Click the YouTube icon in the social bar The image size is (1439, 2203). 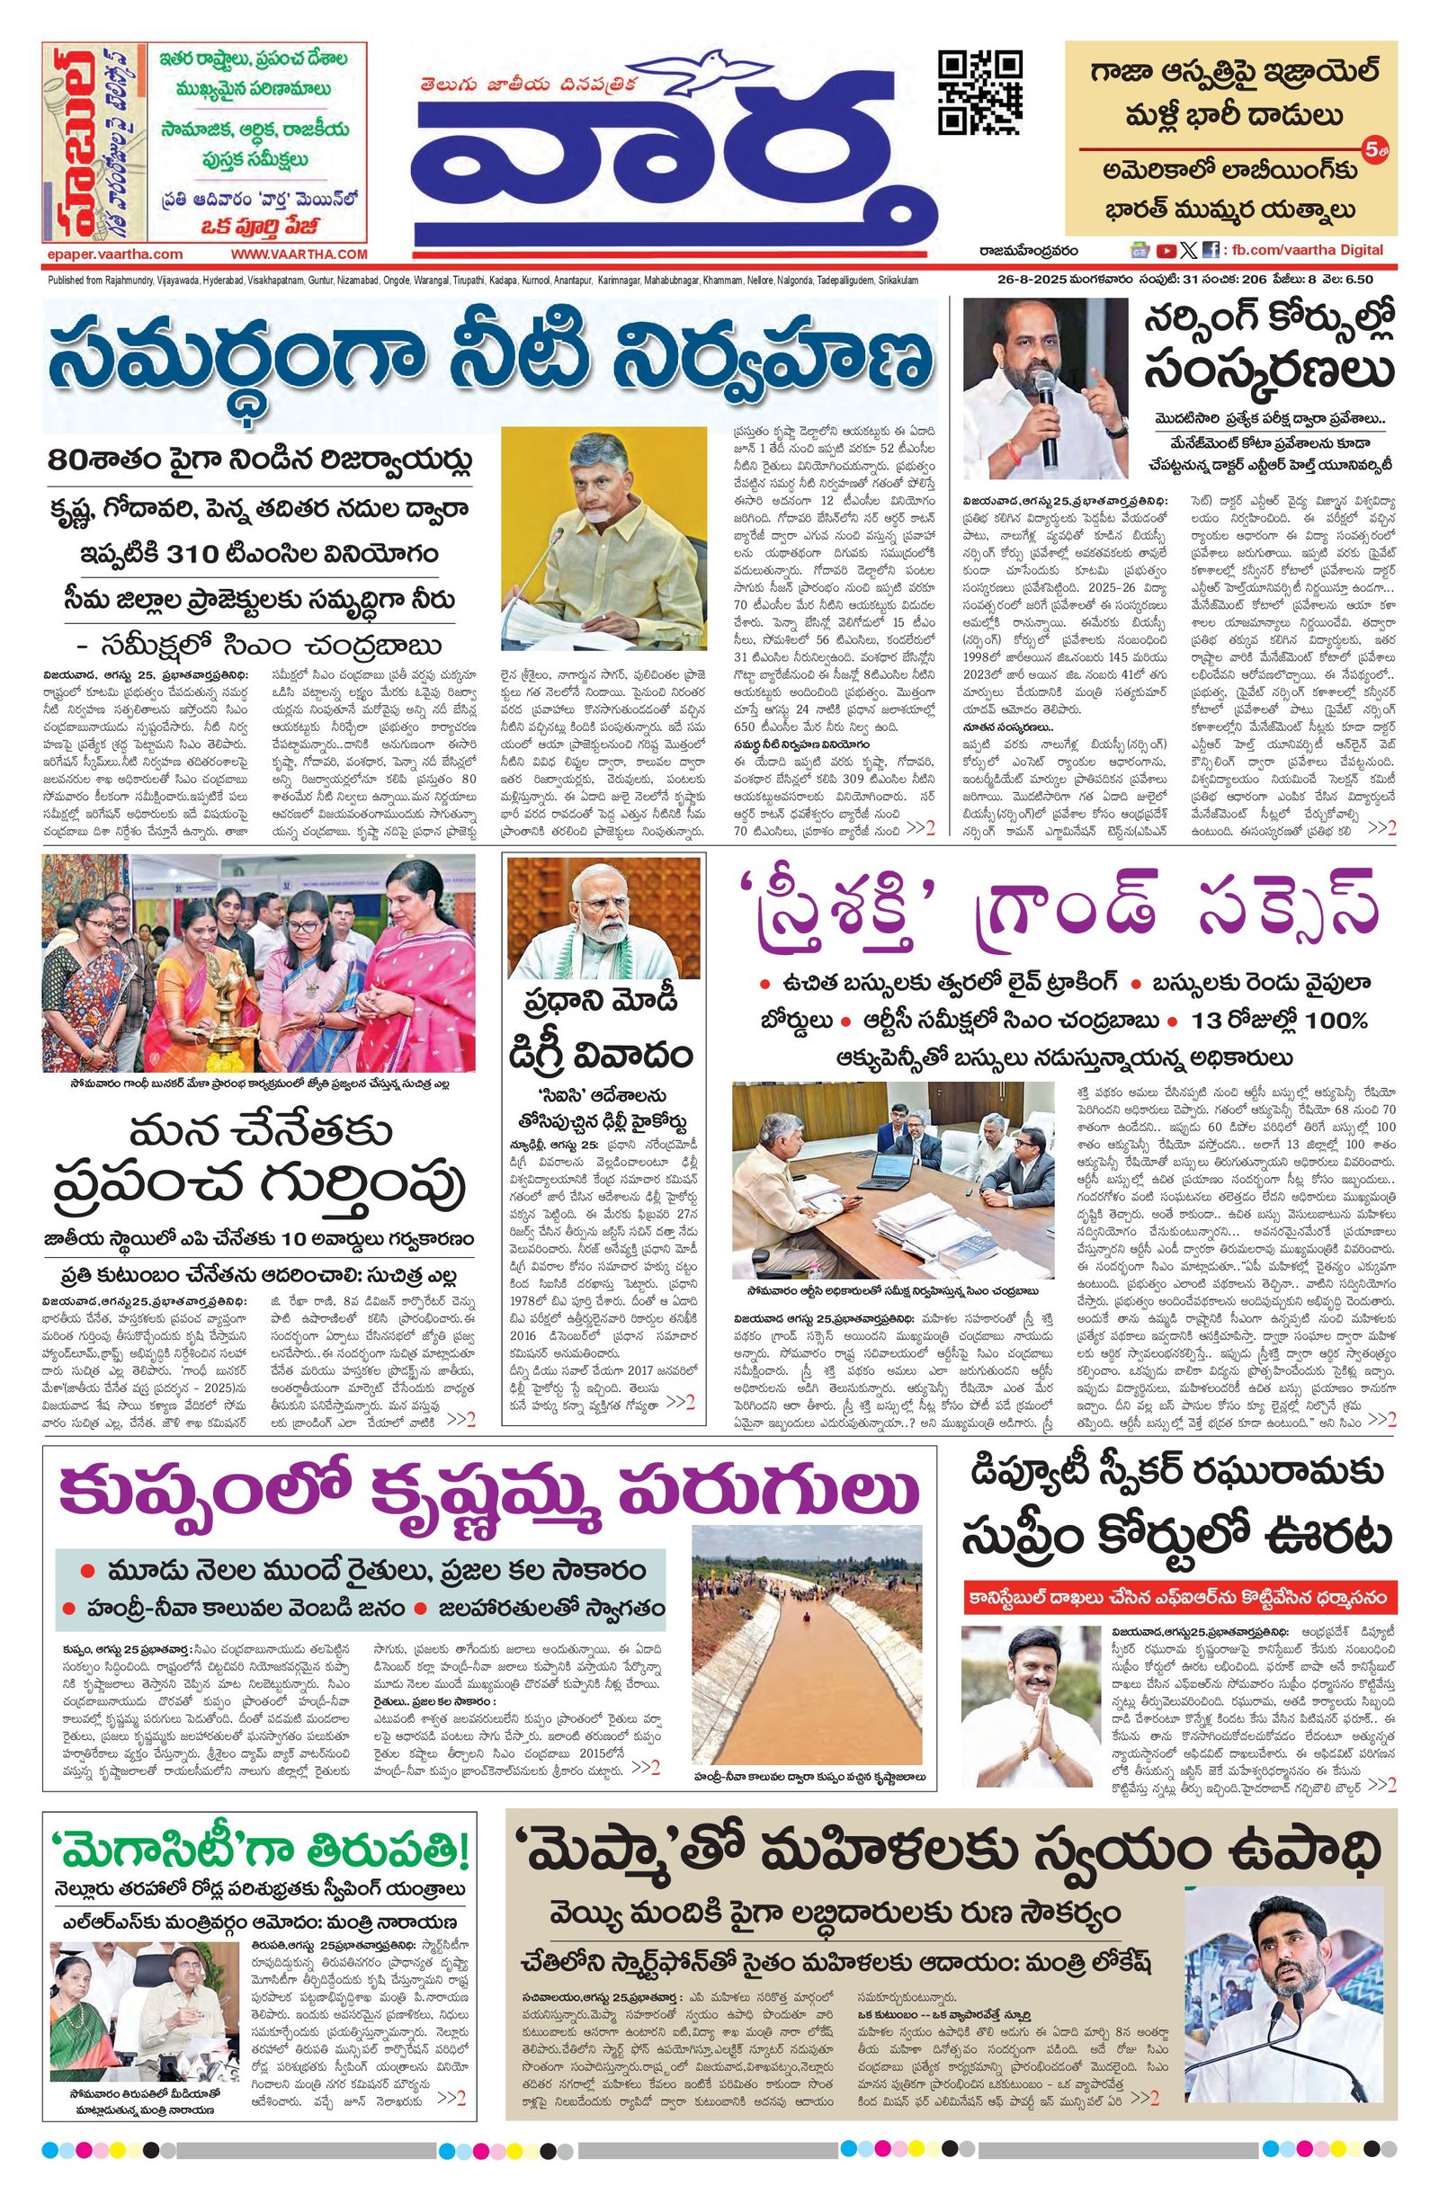click(1165, 250)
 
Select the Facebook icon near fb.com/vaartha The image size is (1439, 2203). click(1209, 250)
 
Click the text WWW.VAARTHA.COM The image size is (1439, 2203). click(299, 254)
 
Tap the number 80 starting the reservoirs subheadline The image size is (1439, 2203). click(72, 460)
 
